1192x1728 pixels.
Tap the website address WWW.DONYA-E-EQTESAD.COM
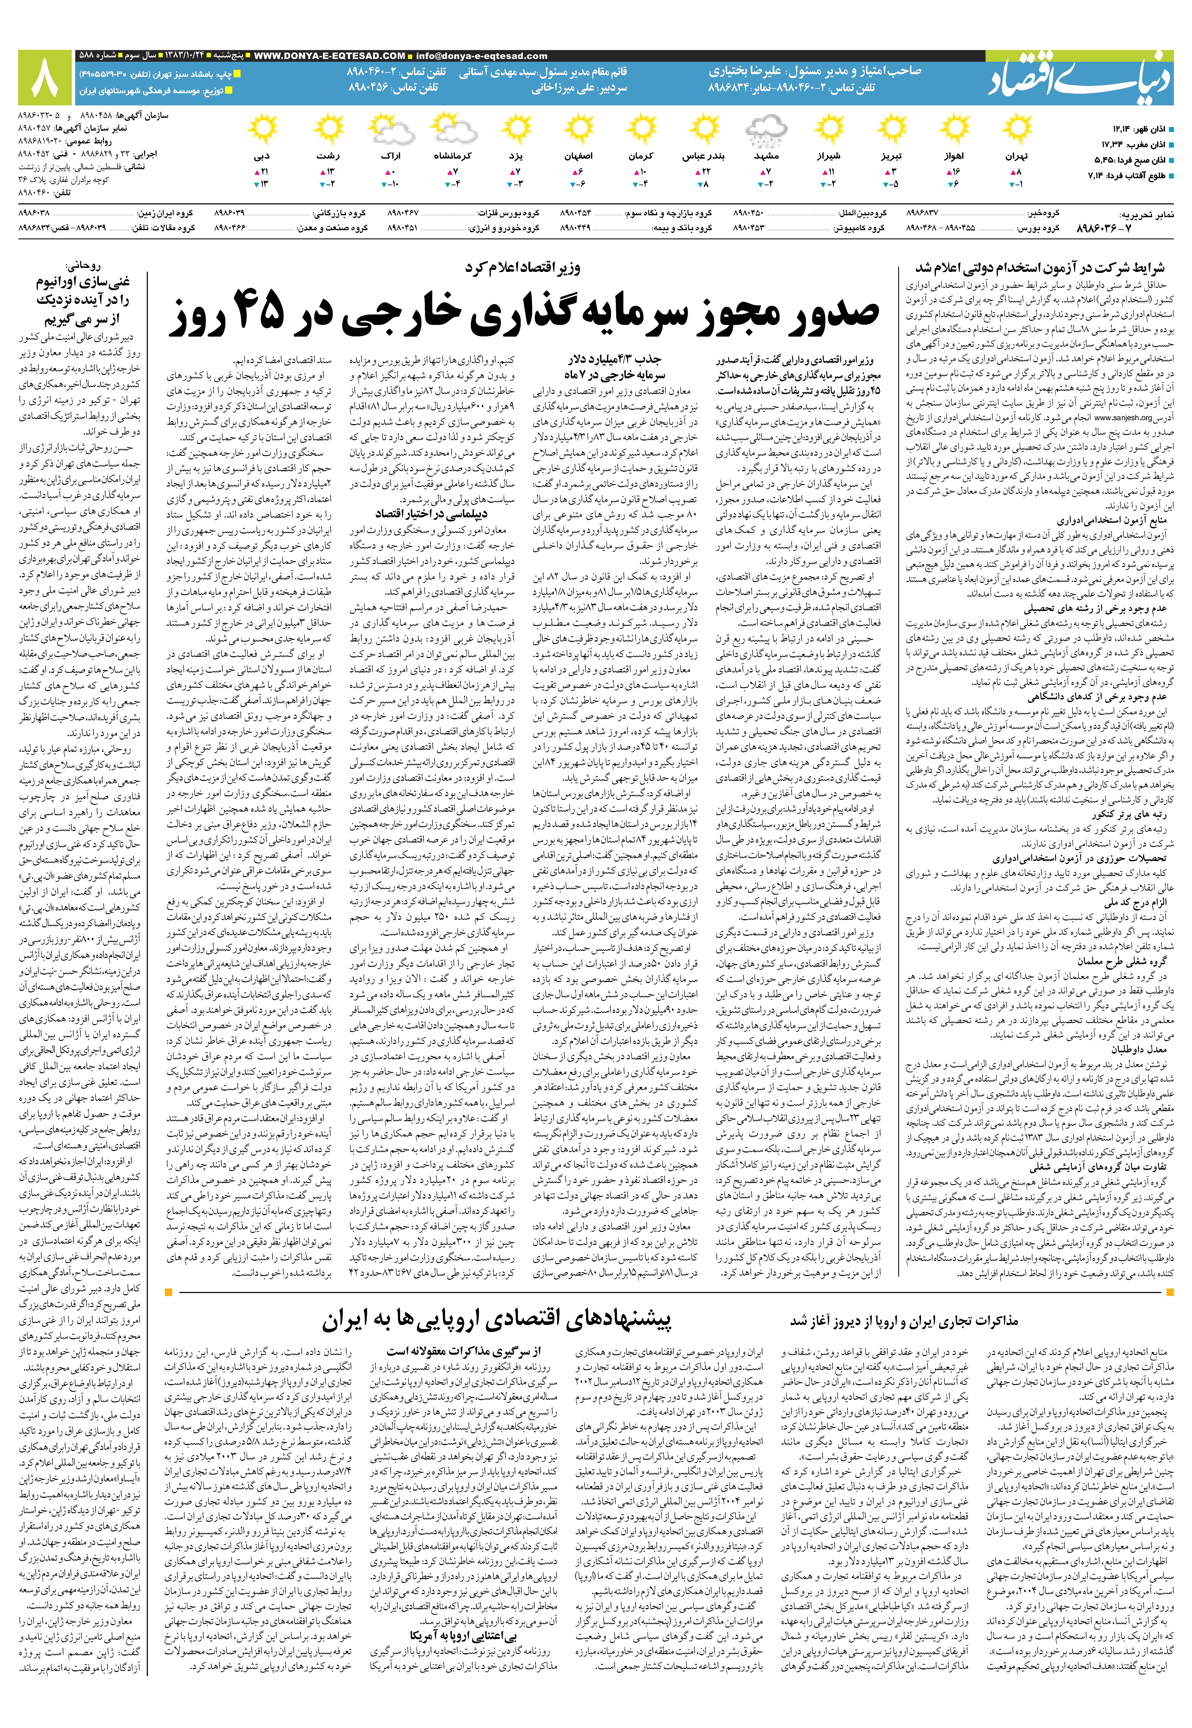pyautogui.click(x=330, y=56)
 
